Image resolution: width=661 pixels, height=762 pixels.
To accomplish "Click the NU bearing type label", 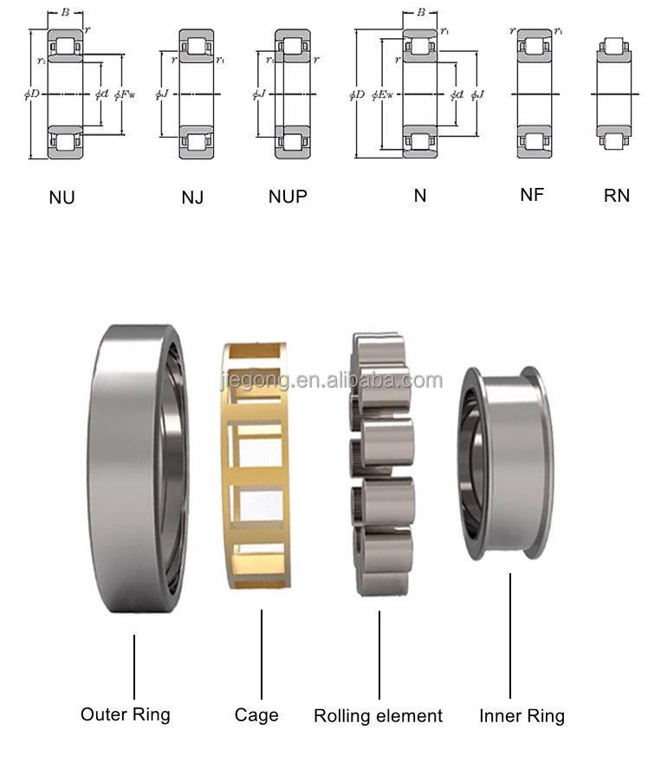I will pyautogui.click(x=62, y=197).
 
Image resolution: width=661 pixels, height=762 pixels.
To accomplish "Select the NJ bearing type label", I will pyautogui.click(x=192, y=197).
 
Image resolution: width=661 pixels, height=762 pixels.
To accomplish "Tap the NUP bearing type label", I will pyautogui.click(x=288, y=197).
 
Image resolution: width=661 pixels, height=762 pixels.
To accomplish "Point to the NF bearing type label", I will pyautogui.click(x=531, y=195).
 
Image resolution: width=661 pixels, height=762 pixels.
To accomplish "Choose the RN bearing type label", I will pyautogui.click(x=616, y=196).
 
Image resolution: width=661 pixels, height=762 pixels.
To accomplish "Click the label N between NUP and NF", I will pyautogui.click(x=420, y=196).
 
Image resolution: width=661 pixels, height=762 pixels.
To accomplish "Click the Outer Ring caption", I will pyautogui.click(x=126, y=714).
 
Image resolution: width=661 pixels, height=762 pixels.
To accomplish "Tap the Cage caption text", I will pyautogui.click(x=256, y=714).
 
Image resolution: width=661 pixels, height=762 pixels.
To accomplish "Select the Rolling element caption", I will pyautogui.click(x=378, y=716).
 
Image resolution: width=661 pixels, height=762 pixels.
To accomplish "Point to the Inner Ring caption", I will pyautogui.click(x=522, y=716).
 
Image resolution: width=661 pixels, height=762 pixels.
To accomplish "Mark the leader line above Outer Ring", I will pyautogui.click(x=134, y=667).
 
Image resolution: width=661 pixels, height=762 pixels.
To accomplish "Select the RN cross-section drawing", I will pyautogui.click(x=616, y=94).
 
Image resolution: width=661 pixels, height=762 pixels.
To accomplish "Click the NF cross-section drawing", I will pyautogui.click(x=535, y=94).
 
